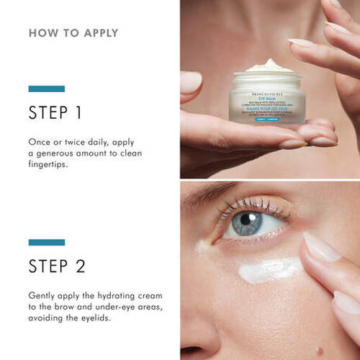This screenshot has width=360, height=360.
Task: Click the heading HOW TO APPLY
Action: (73, 33)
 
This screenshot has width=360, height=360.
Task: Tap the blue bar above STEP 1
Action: (46, 89)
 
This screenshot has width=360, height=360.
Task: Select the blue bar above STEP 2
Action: (46, 242)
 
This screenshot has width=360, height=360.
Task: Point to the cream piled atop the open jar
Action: (269, 66)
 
